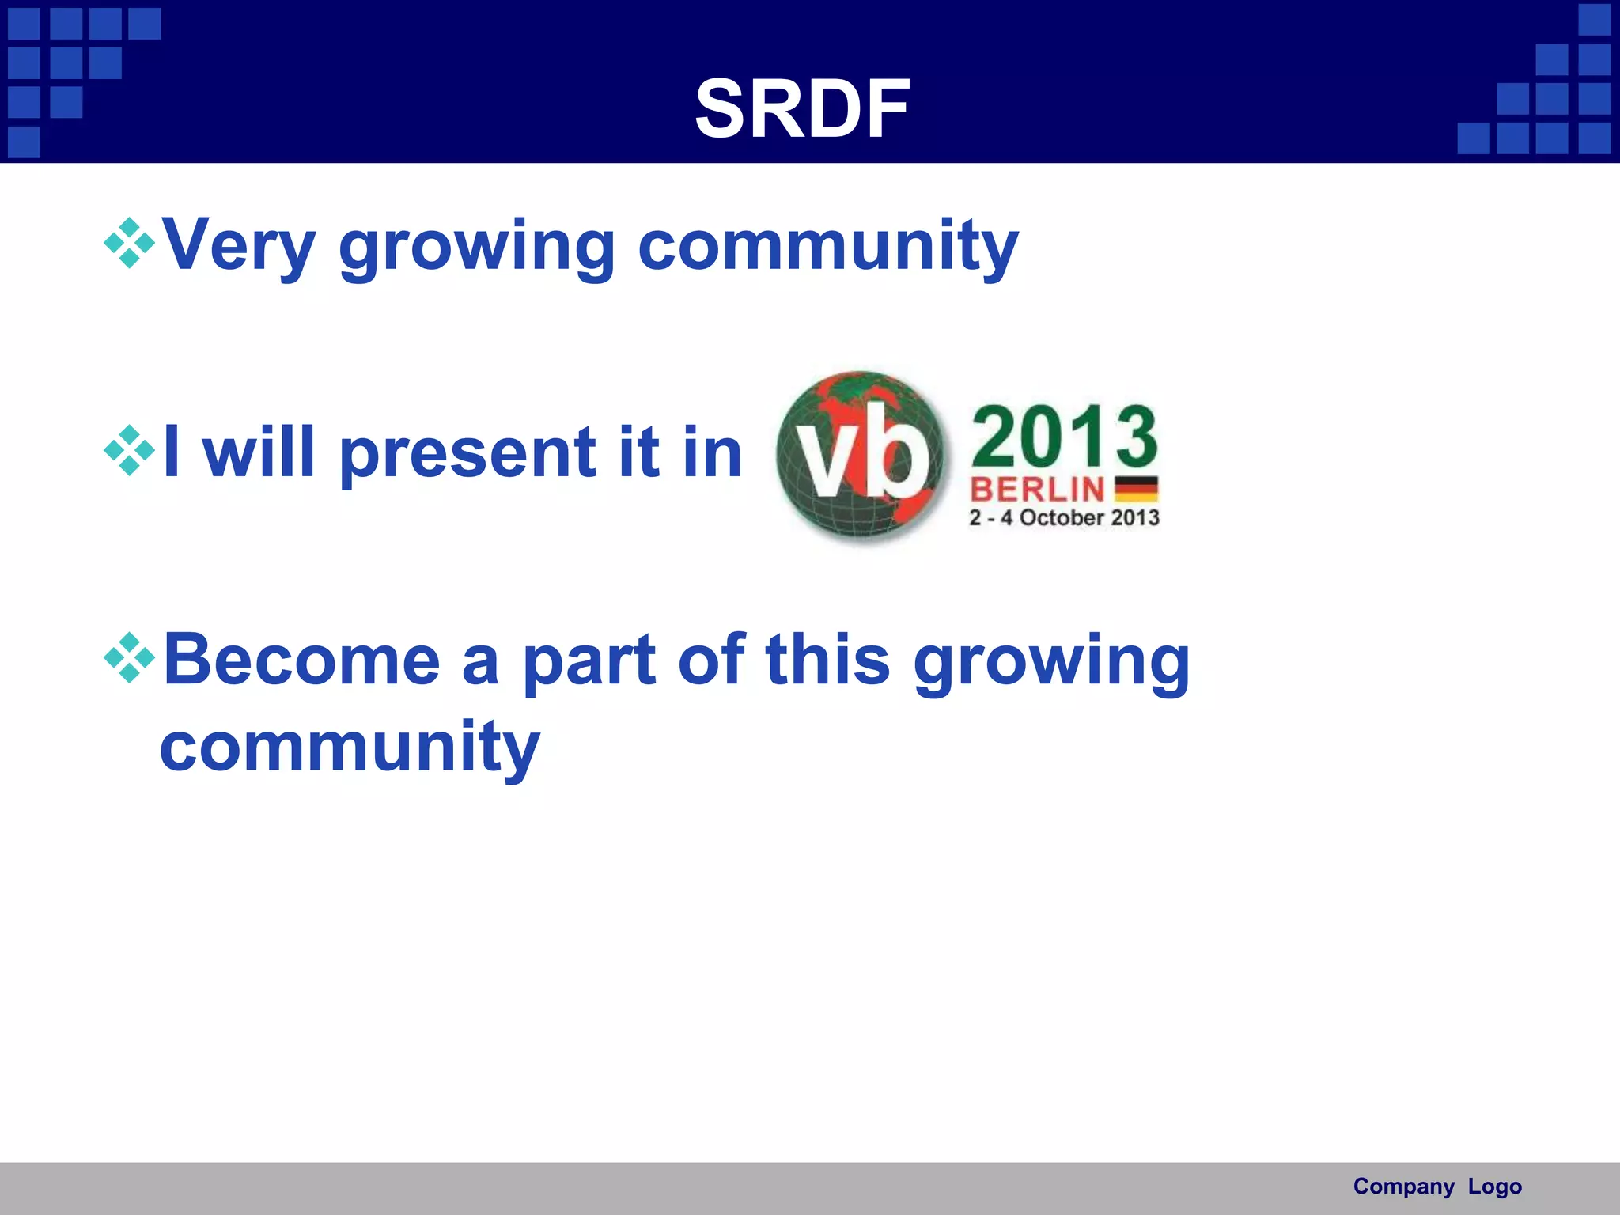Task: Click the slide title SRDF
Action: [802, 109]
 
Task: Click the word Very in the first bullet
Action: [239, 245]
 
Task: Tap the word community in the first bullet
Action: [827, 245]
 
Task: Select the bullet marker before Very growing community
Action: [129, 244]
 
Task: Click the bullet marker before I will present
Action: [129, 451]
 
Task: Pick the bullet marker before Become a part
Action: [129, 658]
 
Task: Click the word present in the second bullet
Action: [467, 454]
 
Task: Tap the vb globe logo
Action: [861, 457]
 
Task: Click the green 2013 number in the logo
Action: [1064, 437]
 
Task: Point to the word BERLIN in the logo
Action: [1037, 490]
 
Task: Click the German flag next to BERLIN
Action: [1136, 489]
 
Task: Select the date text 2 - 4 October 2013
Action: [1064, 518]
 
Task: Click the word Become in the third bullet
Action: [301, 660]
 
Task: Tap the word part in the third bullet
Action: [589, 661]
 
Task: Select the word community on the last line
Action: [350, 747]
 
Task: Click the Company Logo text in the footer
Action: [1436, 1187]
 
